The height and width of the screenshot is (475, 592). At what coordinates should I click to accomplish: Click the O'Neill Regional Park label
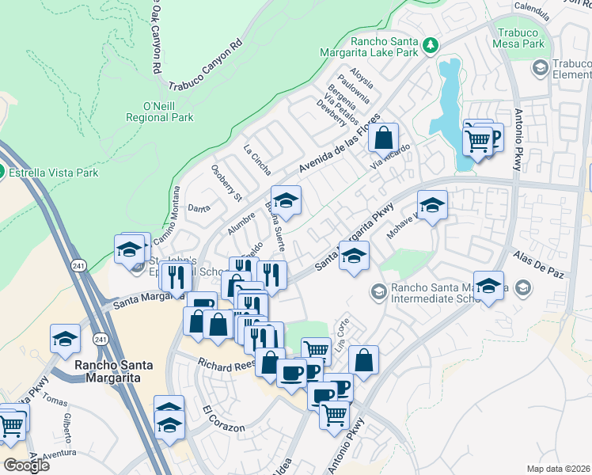(160, 112)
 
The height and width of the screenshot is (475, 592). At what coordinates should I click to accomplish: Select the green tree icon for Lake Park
(431, 45)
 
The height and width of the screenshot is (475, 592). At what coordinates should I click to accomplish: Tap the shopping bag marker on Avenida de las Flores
(383, 138)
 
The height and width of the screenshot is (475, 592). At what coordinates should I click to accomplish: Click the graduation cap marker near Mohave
(433, 205)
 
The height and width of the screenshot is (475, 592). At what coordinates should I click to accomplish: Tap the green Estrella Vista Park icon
(2, 172)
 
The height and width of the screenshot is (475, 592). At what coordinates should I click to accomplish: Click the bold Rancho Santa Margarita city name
(107, 371)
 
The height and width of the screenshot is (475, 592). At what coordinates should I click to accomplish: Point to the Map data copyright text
(558, 469)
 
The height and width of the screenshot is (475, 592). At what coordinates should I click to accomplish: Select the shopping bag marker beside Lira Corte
(363, 359)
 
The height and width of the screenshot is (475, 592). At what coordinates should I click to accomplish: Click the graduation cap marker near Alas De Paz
(490, 287)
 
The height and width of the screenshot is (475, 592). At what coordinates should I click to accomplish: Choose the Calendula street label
(531, 11)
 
